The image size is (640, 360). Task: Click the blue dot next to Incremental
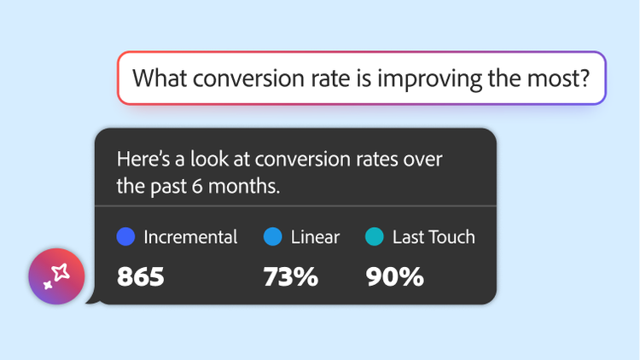[x=125, y=237]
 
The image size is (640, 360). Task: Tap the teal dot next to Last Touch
[x=373, y=237]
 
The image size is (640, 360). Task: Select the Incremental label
[x=190, y=237]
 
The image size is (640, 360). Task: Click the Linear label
[x=314, y=237]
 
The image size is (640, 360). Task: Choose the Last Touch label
[x=433, y=237]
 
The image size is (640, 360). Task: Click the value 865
[x=140, y=276]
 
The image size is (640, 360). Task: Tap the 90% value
[x=394, y=276]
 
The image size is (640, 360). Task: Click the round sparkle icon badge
[x=56, y=276]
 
